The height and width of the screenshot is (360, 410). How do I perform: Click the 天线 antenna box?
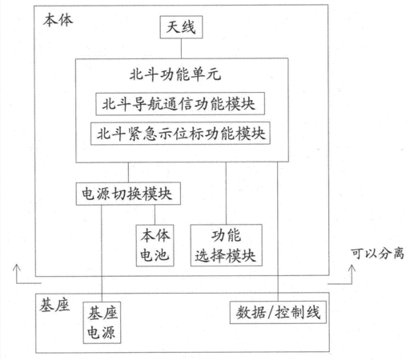point(181,27)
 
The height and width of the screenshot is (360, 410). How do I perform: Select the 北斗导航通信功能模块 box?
point(180,104)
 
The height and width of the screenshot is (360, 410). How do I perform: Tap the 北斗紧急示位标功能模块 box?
point(180,134)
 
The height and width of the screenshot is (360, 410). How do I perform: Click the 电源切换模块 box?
point(128,194)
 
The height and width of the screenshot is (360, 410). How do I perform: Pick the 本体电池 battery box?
point(155,246)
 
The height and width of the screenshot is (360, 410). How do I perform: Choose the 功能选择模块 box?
point(227,246)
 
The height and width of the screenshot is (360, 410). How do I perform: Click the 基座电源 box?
point(102,322)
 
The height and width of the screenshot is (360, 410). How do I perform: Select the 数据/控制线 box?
point(278,312)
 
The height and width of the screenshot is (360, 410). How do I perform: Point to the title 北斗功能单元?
point(175,74)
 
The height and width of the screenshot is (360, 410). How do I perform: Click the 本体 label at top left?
point(58,21)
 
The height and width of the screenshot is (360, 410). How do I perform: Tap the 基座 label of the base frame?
point(54,305)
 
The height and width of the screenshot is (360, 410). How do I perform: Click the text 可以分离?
point(377,254)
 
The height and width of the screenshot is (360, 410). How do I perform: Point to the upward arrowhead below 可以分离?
point(352,268)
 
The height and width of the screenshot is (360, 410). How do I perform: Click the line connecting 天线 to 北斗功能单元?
point(181,48)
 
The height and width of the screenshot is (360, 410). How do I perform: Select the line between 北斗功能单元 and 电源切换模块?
point(128,172)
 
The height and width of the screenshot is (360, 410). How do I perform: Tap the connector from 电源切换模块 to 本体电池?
point(155,214)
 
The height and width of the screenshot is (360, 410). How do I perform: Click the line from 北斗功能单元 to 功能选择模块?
point(226,194)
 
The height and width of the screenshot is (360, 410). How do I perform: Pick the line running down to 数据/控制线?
point(278,232)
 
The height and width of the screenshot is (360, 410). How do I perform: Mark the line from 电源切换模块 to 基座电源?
point(102,254)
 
